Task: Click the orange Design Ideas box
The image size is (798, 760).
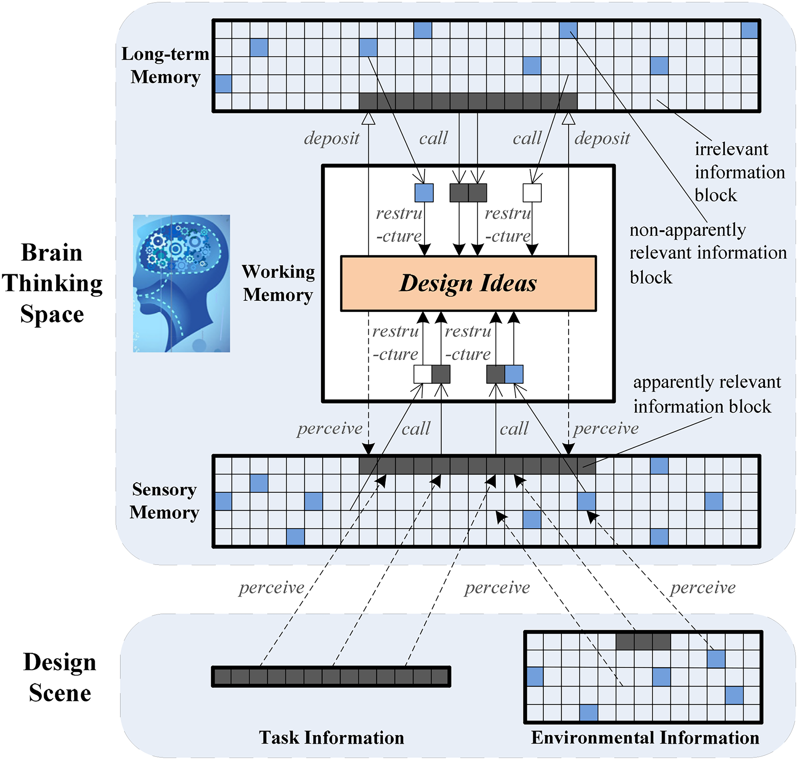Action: point(468,283)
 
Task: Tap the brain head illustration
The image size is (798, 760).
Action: point(181,283)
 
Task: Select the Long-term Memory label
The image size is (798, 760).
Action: point(165,65)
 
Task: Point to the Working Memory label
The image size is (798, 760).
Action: point(278,283)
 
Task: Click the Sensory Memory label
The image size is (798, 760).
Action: point(165,501)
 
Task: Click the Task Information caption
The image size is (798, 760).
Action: point(332,737)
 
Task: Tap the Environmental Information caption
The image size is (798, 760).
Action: point(645,737)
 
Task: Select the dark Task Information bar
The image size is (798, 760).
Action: point(331,677)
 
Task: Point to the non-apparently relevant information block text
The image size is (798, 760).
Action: point(708,254)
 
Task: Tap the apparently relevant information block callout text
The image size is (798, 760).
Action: point(707,394)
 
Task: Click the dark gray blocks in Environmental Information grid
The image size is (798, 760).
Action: point(643,642)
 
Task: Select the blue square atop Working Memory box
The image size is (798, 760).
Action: point(424,193)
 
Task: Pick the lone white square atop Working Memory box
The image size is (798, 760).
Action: point(532,193)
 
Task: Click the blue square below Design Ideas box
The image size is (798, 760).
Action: point(514,374)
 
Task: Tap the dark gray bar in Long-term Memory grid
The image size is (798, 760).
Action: point(468,101)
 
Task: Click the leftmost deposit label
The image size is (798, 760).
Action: point(332,139)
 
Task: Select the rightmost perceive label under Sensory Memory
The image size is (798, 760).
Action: point(703,587)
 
